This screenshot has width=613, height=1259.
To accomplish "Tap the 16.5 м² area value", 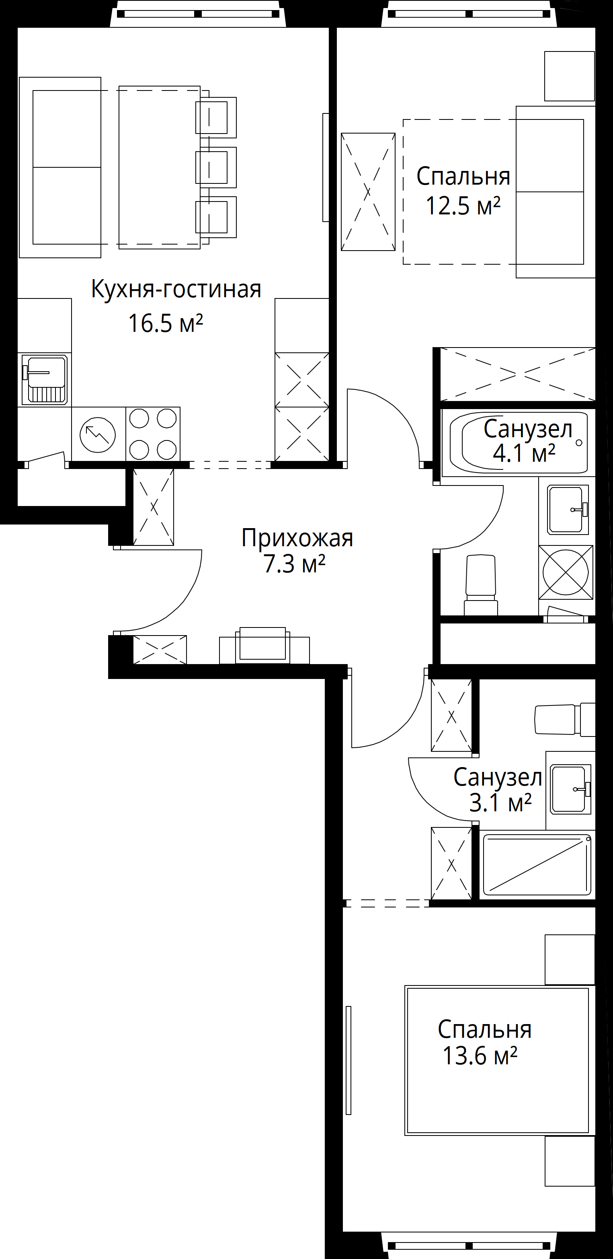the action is click(x=166, y=323).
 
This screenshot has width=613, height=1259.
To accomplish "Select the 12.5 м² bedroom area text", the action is click(x=463, y=206).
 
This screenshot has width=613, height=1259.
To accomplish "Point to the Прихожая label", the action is click(x=297, y=538).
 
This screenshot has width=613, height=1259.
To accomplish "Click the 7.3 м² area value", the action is click(x=295, y=564).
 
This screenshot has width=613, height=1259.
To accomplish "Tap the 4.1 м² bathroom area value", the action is click(x=524, y=454).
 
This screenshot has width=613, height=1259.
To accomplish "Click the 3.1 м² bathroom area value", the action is click(x=500, y=802).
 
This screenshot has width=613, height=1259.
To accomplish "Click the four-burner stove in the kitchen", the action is click(x=153, y=434).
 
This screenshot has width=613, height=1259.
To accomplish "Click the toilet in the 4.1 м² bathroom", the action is click(x=481, y=584).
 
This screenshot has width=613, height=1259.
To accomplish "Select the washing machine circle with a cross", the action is click(x=566, y=572).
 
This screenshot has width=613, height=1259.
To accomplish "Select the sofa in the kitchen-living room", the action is click(x=60, y=167).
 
